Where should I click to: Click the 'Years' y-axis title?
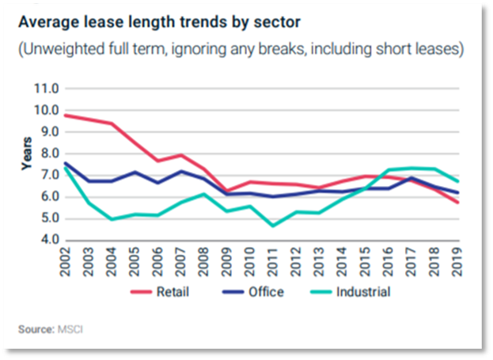click(27, 153)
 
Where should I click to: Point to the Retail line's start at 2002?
click(66, 116)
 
